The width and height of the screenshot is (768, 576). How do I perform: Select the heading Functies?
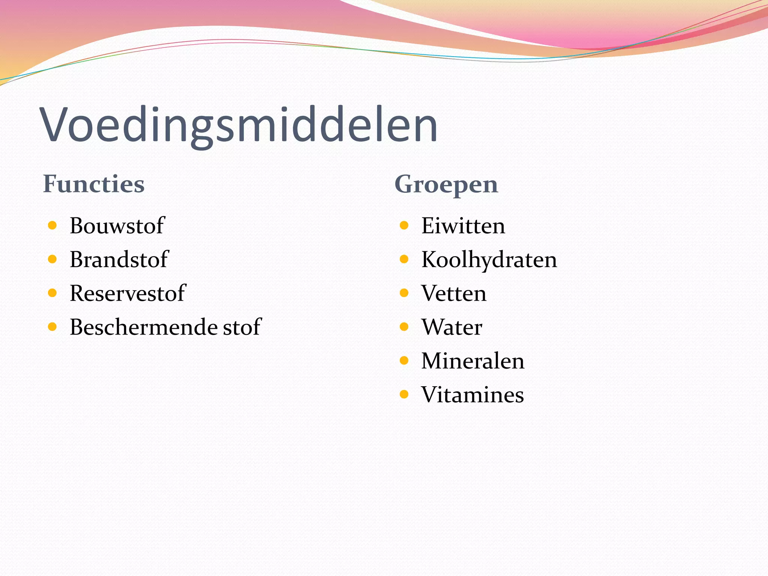(x=94, y=184)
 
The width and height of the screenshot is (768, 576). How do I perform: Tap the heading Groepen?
(x=446, y=185)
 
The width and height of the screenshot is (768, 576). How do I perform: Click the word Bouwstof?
(x=117, y=226)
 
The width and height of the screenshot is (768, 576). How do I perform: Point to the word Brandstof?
(x=119, y=259)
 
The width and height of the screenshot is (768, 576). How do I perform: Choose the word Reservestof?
(x=127, y=293)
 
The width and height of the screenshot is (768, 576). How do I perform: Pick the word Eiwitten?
(x=463, y=226)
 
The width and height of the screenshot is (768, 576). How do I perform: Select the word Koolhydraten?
(x=489, y=260)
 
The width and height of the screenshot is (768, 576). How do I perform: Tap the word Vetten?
(x=454, y=293)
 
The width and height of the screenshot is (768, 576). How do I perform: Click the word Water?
(x=452, y=327)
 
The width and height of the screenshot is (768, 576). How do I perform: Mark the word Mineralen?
(x=473, y=361)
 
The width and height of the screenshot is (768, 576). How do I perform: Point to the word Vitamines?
(x=472, y=395)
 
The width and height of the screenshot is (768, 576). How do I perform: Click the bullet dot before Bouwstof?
(x=52, y=225)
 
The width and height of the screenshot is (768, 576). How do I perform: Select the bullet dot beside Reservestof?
(x=52, y=293)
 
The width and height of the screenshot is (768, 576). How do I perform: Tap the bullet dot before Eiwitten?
(x=404, y=225)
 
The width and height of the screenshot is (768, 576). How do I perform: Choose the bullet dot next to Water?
(x=404, y=327)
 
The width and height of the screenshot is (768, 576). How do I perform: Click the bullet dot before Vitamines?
(x=404, y=394)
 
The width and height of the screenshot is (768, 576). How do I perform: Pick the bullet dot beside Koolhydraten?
(x=404, y=259)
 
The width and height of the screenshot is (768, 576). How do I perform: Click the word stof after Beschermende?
(x=242, y=327)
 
